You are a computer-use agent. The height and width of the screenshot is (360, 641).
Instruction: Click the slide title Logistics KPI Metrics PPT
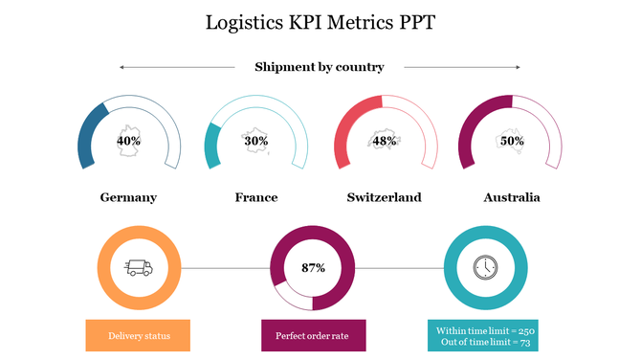(320, 22)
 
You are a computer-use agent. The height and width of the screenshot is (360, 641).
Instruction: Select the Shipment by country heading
(319, 67)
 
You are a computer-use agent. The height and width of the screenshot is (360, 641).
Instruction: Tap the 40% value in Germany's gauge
(128, 141)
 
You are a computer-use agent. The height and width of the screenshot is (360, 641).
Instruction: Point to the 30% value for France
(255, 141)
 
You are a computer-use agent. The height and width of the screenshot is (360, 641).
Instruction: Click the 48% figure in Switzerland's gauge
(385, 141)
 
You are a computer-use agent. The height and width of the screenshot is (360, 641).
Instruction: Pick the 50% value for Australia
(512, 141)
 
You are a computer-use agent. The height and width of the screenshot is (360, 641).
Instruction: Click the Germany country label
(128, 197)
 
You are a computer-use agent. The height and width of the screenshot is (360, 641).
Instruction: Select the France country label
(256, 197)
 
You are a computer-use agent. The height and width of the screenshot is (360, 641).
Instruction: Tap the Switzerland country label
(384, 197)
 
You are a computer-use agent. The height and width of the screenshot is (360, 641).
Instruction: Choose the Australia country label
(512, 197)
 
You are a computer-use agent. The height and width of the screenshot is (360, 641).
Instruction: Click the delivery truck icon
(139, 268)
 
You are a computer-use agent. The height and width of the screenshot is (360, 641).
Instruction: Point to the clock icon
(485, 268)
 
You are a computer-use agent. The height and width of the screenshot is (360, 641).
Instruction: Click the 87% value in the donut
(313, 268)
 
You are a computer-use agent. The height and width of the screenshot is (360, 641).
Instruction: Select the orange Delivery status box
(137, 336)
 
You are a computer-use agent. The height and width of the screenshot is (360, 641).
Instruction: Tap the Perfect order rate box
(313, 336)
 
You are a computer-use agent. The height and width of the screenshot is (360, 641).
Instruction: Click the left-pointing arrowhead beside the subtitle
(122, 67)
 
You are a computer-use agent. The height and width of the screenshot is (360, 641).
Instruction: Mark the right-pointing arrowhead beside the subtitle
(518, 67)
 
